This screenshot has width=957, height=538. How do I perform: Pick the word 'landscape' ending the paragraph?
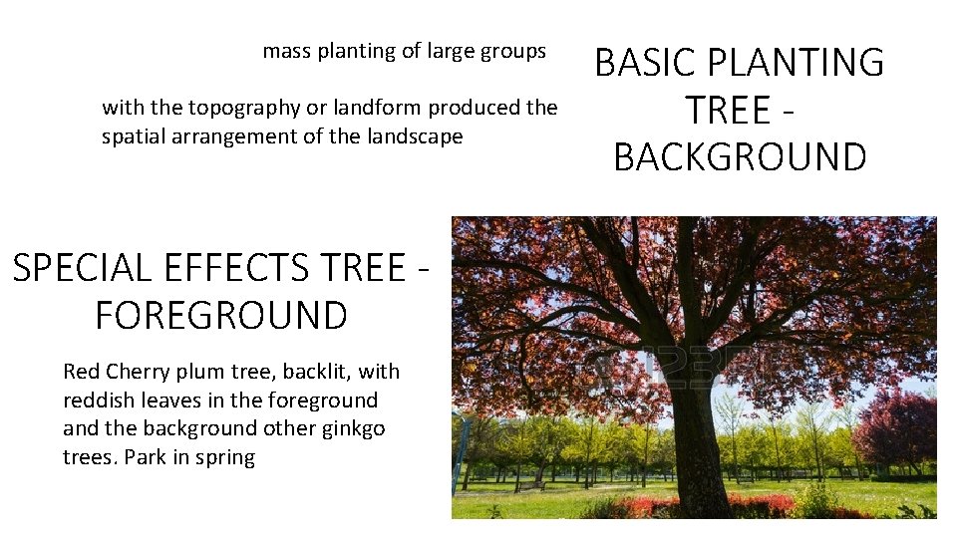tap(409, 136)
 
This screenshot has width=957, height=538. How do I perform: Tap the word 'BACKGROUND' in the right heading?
tap(740, 157)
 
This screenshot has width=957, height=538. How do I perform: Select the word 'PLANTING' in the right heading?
tap(797, 63)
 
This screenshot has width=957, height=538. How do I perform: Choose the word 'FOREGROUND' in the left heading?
tap(220, 316)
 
